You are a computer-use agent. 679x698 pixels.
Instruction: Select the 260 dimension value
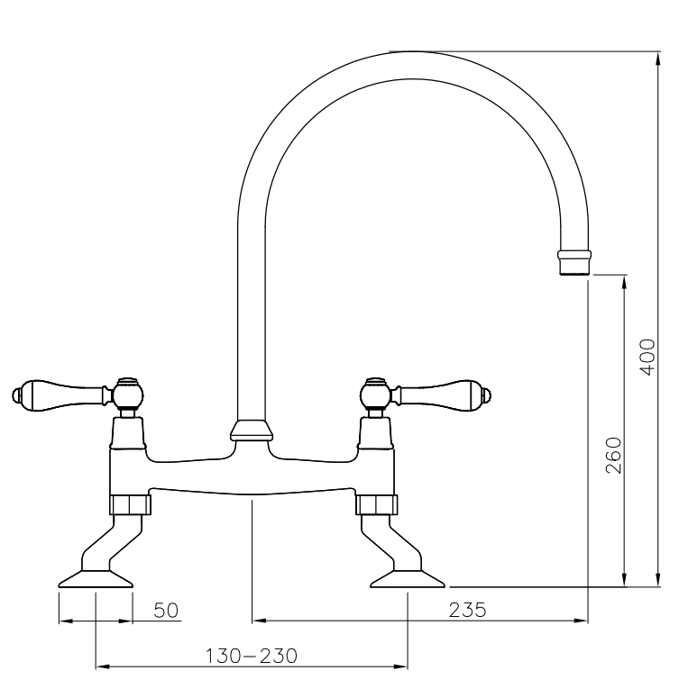click(x=613, y=456)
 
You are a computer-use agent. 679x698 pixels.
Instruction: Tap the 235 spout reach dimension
click(x=467, y=610)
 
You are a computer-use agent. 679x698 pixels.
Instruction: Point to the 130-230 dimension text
click(x=251, y=656)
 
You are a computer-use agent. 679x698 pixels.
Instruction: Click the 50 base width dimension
click(x=166, y=611)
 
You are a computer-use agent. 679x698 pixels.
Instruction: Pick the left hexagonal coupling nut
click(x=130, y=504)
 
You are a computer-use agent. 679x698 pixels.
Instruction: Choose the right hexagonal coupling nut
click(x=376, y=504)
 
